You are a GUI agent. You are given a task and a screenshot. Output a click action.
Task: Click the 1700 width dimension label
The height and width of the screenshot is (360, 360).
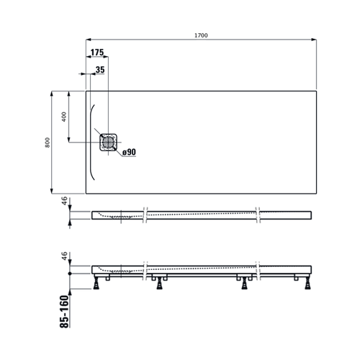tap(201, 35)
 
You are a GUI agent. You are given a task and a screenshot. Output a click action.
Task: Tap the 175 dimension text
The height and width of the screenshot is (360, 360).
tap(97, 53)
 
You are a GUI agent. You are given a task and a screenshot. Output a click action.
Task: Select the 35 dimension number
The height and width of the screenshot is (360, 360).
tap(100, 70)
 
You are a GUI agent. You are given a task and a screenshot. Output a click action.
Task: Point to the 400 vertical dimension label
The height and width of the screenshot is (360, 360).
tap(64, 117)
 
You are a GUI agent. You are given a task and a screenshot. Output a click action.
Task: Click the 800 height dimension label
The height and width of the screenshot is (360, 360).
tap(48, 143)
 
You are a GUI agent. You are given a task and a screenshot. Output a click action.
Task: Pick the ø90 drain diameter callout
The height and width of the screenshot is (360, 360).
tap(129, 152)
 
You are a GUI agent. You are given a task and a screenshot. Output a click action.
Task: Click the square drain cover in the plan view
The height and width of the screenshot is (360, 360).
tap(108, 143)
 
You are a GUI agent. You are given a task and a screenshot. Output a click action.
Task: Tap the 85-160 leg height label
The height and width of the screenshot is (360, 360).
tap(64, 312)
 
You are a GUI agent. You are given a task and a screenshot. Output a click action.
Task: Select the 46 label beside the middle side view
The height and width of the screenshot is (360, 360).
tap(64, 201)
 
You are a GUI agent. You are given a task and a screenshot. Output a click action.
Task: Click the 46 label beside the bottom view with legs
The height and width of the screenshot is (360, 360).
tap(64, 256)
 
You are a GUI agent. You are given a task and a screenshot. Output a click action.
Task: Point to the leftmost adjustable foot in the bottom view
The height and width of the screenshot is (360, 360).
tap(96, 282)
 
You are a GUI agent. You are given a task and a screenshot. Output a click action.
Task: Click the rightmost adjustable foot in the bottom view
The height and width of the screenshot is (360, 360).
tap(307, 283)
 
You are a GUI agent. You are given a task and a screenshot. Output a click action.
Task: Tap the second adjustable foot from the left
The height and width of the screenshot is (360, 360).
tap(159, 283)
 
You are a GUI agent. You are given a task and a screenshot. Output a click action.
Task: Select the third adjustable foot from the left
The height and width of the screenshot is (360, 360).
tap(245, 283)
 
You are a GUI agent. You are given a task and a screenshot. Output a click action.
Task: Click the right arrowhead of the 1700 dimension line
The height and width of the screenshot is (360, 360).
tap(314, 40)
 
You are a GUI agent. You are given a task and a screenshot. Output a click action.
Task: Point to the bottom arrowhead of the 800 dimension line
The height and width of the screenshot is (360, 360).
tap(51, 191)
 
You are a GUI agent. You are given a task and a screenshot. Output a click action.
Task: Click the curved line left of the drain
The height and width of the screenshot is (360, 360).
tap(91, 143)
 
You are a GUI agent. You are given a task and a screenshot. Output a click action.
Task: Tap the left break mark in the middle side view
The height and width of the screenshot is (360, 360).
tap(145, 215)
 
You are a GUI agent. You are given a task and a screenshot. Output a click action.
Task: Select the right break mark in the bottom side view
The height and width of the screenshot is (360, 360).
tap(258, 271)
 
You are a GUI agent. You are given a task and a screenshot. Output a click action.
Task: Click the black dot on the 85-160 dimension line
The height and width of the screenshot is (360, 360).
tap(70, 274)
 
